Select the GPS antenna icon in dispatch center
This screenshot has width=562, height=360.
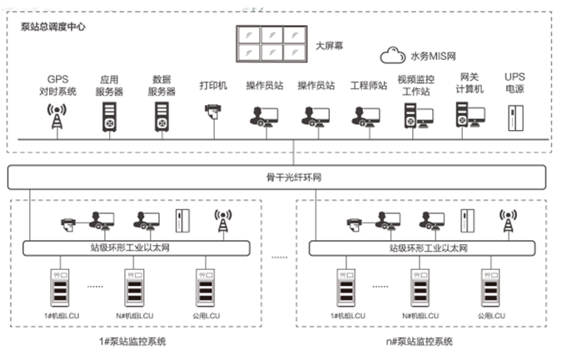pyautogui.click(x=57, y=117)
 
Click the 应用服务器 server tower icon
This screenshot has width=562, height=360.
pyautogui.click(x=110, y=117)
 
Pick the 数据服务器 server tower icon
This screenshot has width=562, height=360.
pyautogui.click(x=161, y=117)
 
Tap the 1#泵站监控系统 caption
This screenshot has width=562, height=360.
pyautogui.click(x=134, y=342)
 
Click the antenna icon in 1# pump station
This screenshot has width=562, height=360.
pyautogui.click(x=222, y=221)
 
